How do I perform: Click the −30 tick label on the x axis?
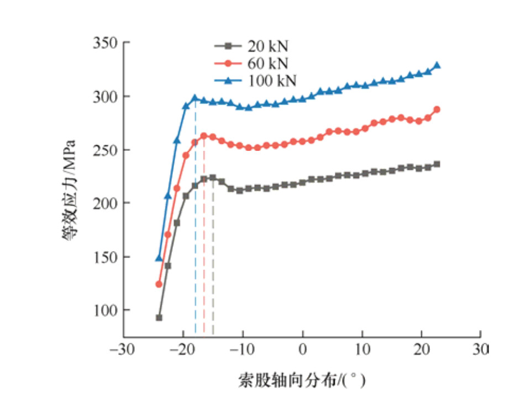coord(123,350)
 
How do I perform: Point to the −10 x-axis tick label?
coord(242,350)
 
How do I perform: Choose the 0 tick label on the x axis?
coord(303,350)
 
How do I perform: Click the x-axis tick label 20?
coord(422,350)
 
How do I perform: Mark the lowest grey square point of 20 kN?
coord(159,318)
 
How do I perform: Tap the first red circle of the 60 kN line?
coord(159,284)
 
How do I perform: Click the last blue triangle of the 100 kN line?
coord(437,65)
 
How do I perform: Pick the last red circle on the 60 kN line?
coord(437,109)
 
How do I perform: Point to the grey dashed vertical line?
coord(213,260)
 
